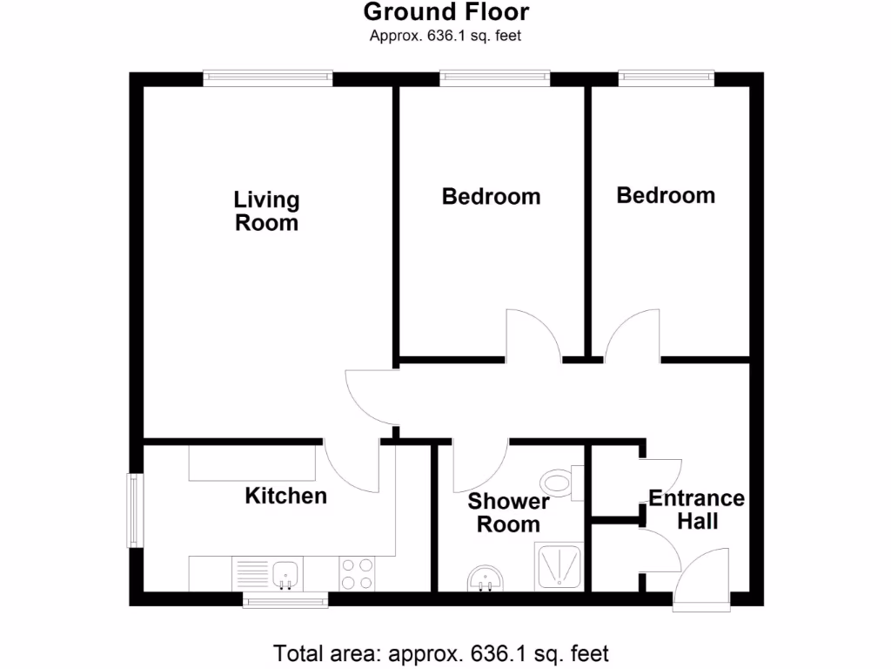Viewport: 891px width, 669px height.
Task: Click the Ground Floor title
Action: pos(445,12)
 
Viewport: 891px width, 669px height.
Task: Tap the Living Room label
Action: pos(266,212)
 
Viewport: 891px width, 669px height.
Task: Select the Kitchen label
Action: pos(285,497)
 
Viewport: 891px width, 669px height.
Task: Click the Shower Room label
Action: pos(508,513)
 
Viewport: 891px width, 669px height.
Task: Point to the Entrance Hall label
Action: pos(696,510)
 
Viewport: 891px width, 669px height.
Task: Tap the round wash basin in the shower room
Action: pos(484,578)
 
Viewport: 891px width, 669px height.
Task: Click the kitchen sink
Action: pos(286,574)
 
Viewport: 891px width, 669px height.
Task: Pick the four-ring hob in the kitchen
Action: pos(357,574)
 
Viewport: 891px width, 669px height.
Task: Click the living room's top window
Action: pos(268,78)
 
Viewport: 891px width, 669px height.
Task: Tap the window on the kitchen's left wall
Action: pos(134,510)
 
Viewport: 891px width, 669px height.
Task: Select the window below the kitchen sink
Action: pos(285,600)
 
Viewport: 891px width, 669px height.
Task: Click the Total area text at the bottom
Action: pos(441,652)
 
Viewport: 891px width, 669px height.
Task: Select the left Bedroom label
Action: pos(491,197)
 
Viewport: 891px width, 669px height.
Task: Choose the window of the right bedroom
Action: pos(667,78)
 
